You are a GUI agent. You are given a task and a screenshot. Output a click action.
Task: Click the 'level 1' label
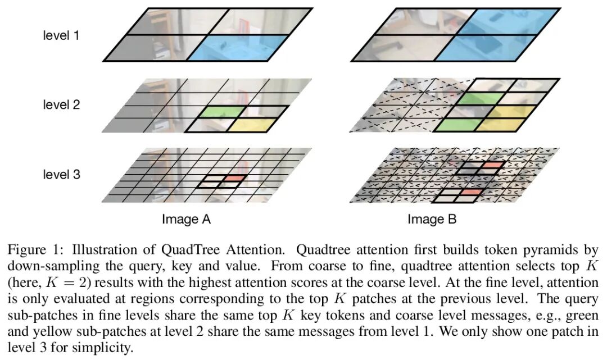pos(62,35)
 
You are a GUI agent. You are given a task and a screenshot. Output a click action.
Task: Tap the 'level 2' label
pos(62,104)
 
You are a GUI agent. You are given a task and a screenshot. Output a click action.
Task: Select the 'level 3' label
pos(62,175)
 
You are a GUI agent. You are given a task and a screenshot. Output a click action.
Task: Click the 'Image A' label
pos(186,220)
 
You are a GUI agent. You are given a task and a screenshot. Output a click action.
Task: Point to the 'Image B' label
pos(432,220)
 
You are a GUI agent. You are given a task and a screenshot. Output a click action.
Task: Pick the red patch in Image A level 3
pos(235,179)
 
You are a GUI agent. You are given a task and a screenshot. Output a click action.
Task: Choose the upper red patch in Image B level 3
pos(488,166)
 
